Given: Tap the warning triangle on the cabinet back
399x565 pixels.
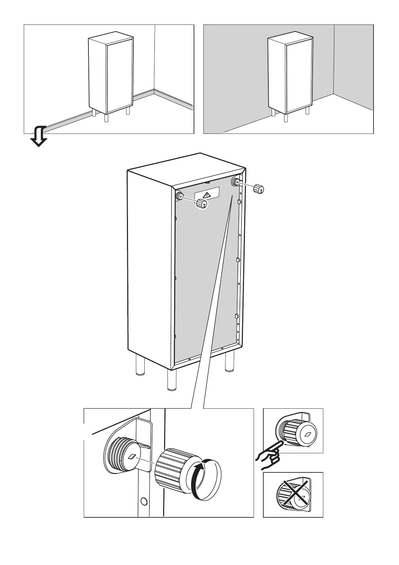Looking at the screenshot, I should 207,194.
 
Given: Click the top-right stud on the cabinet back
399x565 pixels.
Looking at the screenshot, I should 235,182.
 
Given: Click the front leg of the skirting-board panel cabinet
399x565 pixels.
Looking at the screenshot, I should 107,118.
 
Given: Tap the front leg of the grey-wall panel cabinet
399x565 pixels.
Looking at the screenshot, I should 286,118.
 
